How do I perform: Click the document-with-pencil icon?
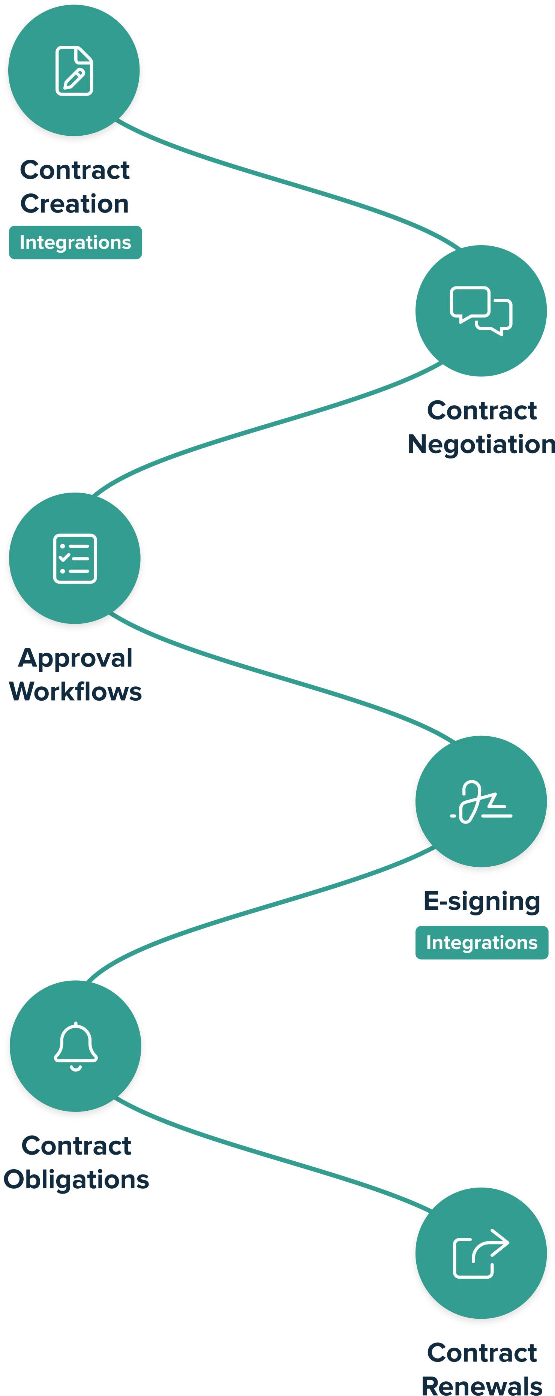pyautogui.click(x=74, y=71)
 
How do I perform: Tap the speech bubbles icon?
pyautogui.click(x=481, y=310)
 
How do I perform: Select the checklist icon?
pyautogui.click(x=75, y=558)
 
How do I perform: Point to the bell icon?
pyautogui.click(x=75, y=1046)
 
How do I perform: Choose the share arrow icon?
pyautogui.click(x=481, y=1254)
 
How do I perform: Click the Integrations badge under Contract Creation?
pyautogui.click(x=75, y=242)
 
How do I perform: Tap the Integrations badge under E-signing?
pyautogui.click(x=481, y=942)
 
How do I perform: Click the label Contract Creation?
pyautogui.click(x=75, y=186)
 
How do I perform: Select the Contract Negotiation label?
pyautogui.click(x=481, y=428)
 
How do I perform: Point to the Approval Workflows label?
pyautogui.click(x=75, y=675)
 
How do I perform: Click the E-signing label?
pyautogui.click(x=481, y=901)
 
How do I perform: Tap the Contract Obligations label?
pyautogui.click(x=76, y=1163)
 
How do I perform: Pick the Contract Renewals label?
pyautogui.click(x=481, y=1368)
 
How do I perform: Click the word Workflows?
pyautogui.click(x=75, y=692)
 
